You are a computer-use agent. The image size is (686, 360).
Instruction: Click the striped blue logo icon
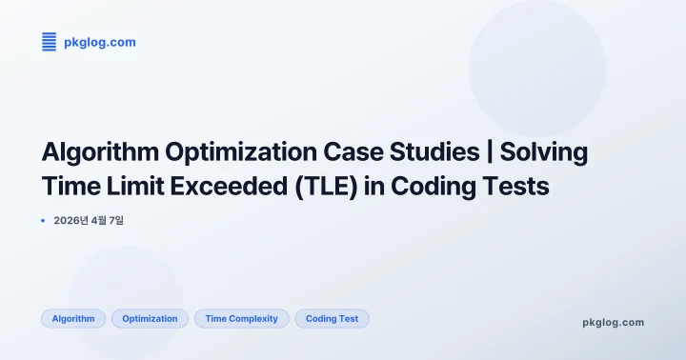pyautogui.click(x=50, y=42)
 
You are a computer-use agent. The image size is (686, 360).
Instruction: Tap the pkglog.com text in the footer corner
pyautogui.click(x=613, y=322)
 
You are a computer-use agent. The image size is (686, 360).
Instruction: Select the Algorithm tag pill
pyautogui.click(x=73, y=319)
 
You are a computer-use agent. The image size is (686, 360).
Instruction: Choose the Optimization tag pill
pyautogui.click(x=150, y=319)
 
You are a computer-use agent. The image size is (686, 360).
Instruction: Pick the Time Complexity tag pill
pyautogui.click(x=241, y=319)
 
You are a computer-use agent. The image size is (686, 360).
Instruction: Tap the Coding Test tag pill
pyautogui.click(x=332, y=319)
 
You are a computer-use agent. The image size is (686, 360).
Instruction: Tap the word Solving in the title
pyautogui.click(x=544, y=152)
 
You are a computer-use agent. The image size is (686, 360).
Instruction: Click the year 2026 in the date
pyautogui.click(x=67, y=221)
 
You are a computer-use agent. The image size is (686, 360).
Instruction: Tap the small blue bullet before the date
pyautogui.click(x=44, y=221)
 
